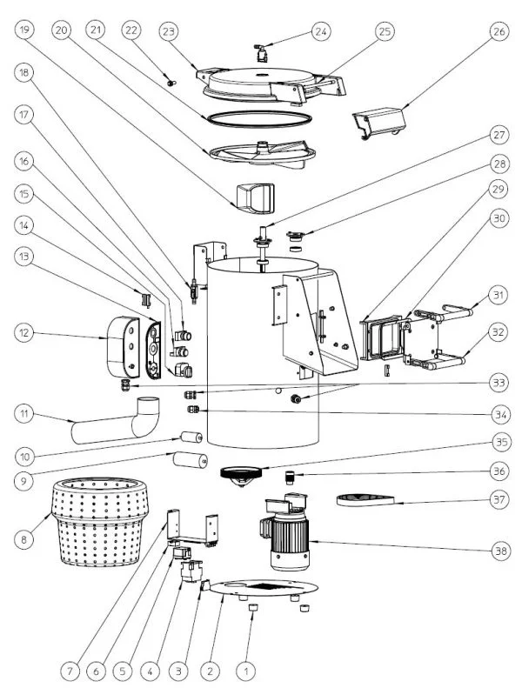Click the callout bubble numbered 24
(322, 32)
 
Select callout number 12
(24, 333)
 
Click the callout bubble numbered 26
(498, 32)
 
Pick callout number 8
(24, 540)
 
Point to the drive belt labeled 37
(366, 499)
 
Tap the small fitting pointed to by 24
(260, 51)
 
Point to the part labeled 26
(380, 121)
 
